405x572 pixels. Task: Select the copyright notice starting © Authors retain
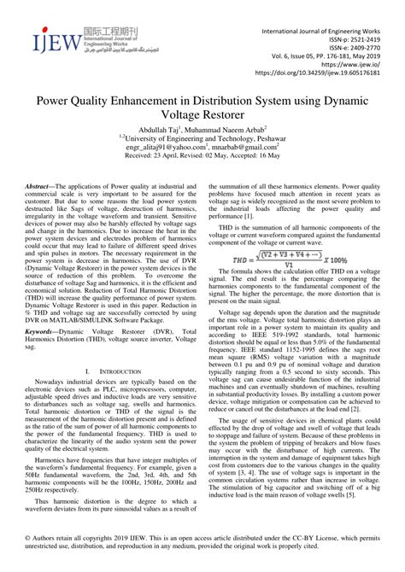click(202, 543)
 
